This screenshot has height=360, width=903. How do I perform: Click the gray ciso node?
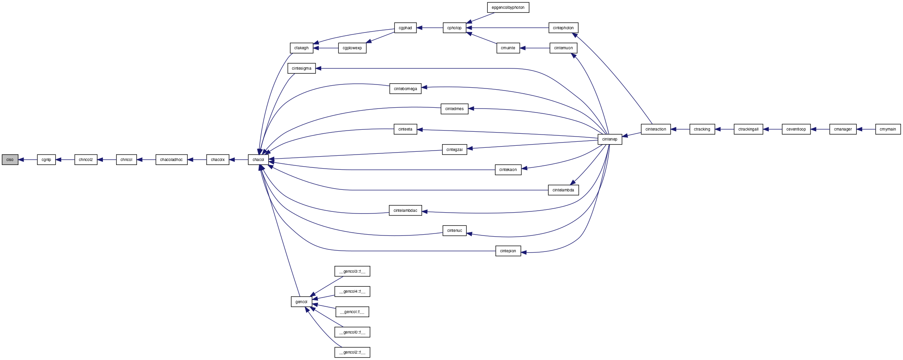(10, 159)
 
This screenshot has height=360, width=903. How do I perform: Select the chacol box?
(258, 159)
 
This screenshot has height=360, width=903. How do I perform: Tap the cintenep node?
(609, 139)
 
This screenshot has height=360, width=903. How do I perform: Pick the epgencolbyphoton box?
(508, 7)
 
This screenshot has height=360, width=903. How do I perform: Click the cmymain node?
(888, 129)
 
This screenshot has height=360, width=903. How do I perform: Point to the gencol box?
(301, 302)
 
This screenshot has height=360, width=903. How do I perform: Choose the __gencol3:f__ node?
(352, 271)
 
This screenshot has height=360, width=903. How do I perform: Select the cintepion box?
(508, 251)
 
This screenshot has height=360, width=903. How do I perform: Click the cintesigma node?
(302, 68)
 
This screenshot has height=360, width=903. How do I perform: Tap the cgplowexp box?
(352, 48)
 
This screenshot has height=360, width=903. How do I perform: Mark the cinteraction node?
(656, 129)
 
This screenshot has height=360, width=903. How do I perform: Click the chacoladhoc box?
(171, 159)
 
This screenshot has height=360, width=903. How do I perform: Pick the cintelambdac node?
(405, 210)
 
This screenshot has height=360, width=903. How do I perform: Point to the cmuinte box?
(508, 48)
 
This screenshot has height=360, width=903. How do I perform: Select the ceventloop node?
(796, 129)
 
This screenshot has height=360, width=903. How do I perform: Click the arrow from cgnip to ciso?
(28, 159)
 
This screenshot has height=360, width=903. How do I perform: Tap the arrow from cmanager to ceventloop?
(820, 129)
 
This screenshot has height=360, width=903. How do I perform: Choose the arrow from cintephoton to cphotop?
(507, 28)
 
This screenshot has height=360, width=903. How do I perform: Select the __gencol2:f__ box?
(352, 352)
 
